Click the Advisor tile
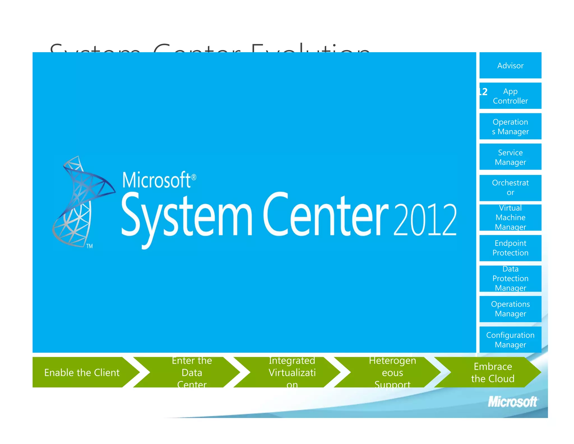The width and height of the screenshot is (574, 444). (510, 65)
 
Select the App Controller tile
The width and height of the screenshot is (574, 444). (510, 96)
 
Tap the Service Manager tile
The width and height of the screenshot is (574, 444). (510, 157)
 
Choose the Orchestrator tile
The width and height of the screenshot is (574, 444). (510, 187)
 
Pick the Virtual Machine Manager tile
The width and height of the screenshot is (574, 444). (510, 218)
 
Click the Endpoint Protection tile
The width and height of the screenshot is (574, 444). (510, 248)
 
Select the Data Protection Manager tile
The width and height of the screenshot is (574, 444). (510, 278)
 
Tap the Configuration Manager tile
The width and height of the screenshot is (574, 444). (510, 340)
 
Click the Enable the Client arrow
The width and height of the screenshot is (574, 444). (82, 372)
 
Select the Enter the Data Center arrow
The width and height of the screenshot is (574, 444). (192, 372)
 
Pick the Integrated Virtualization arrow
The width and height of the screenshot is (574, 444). (292, 372)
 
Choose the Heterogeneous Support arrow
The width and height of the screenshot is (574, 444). (392, 372)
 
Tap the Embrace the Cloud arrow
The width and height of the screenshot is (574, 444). (493, 372)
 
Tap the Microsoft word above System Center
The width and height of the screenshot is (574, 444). (157, 180)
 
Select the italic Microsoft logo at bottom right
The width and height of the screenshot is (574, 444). (512, 402)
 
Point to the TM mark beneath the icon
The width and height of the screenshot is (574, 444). (89, 246)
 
